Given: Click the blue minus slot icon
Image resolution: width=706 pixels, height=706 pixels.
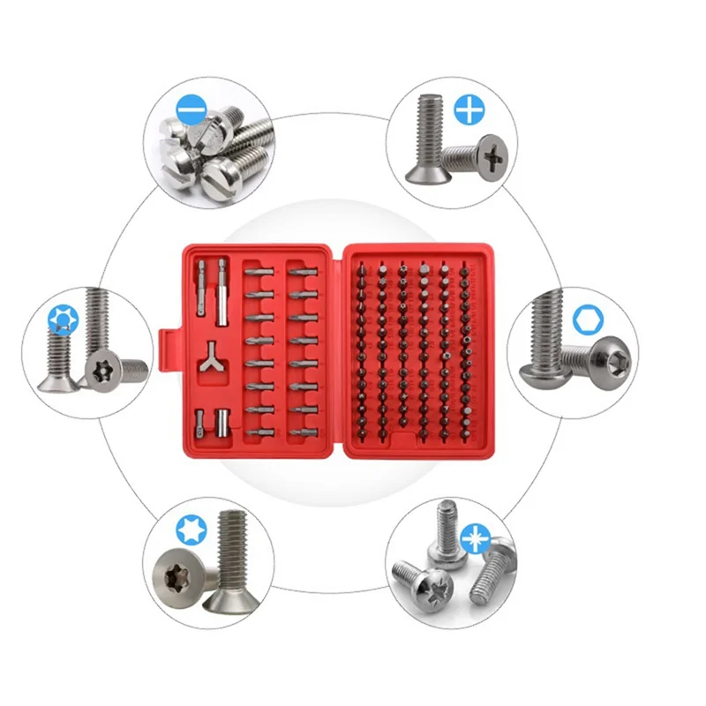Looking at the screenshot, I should pos(190,112).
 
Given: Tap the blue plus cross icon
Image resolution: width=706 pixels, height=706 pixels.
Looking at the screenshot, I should pos(469,109).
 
